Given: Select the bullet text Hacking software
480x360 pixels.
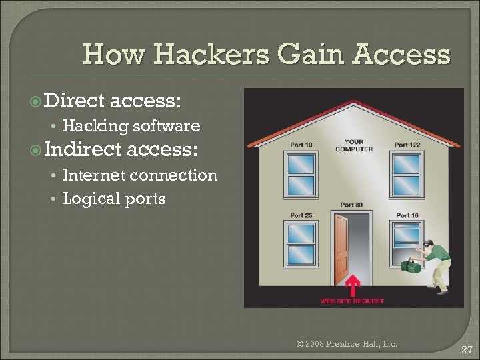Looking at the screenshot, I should tap(131, 125).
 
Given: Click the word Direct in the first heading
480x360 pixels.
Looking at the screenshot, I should tap(73, 101).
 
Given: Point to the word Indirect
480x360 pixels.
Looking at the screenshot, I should tap(83, 150).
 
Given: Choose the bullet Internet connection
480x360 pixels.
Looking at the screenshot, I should tap(139, 175).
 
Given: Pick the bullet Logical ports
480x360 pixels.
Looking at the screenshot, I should tap(114, 198).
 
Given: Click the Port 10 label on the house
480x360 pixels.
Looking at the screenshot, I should tap(301, 145).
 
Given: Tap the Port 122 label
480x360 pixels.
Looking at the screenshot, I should tap(407, 145).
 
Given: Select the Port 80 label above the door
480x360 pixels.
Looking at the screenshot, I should tap(351, 205).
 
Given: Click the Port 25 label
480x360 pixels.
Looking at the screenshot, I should tap(301, 215).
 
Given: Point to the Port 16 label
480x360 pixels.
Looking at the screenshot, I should tap(407, 215).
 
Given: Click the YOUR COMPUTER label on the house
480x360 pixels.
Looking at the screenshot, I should tap(354, 145).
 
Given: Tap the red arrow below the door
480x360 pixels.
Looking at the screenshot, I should tap(353, 286).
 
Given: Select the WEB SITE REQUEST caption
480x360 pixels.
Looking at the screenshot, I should tap(352, 301).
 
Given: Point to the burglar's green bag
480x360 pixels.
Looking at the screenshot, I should tap(410, 265).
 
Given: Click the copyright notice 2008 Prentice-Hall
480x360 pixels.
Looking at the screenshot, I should tap(347, 344).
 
